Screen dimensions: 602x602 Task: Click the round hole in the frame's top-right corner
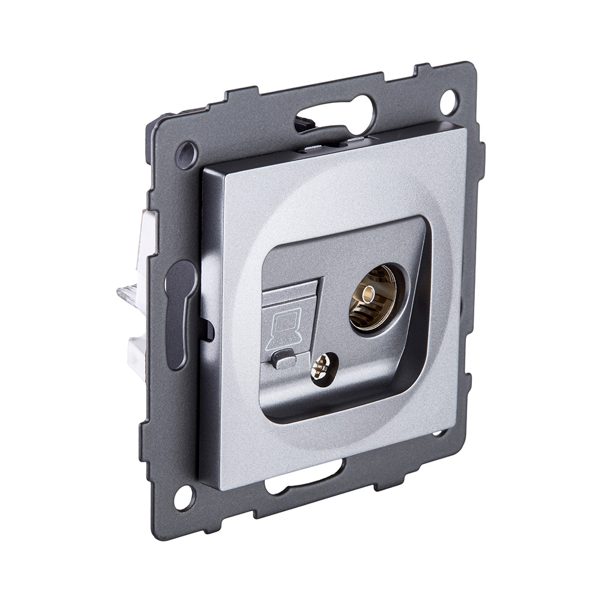point(448,101)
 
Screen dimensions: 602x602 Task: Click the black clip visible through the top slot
point(306,125)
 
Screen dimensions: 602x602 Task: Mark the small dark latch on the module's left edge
point(207,329)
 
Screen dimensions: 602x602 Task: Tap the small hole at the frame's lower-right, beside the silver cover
point(439,433)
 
